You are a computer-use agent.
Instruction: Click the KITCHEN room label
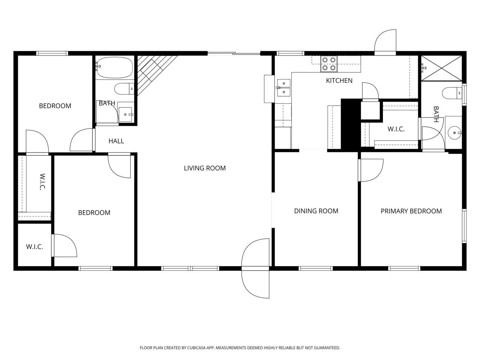click(x=339, y=81)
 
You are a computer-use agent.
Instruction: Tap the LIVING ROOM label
click(x=205, y=168)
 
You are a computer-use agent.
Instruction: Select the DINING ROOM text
click(x=316, y=211)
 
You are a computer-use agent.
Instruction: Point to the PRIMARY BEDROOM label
click(x=411, y=211)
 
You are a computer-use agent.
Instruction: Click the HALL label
click(x=116, y=141)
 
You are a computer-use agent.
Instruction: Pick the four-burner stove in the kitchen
click(x=329, y=64)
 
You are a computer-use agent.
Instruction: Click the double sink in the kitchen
click(x=283, y=87)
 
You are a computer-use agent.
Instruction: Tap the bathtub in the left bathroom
click(x=114, y=67)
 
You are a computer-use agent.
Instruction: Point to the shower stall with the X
click(x=441, y=68)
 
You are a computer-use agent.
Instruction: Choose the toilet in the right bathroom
click(x=451, y=93)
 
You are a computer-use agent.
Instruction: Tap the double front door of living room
click(x=256, y=268)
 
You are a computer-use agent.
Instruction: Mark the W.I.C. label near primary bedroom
click(x=396, y=129)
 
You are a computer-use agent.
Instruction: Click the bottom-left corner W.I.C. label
click(x=34, y=247)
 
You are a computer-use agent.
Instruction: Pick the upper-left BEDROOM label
click(x=55, y=106)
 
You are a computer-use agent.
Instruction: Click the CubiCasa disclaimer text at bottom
click(x=240, y=348)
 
